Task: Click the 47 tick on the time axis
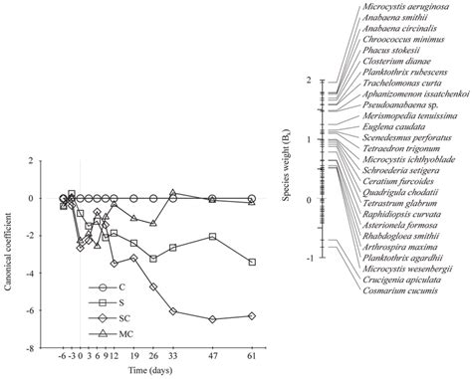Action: tap(211, 357)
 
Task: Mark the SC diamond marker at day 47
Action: tap(211, 318)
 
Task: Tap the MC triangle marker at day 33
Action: tap(172, 192)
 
